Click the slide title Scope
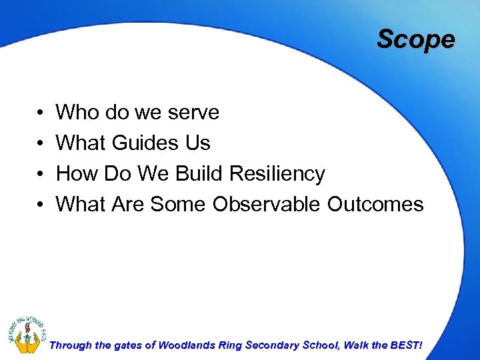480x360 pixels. [415, 39]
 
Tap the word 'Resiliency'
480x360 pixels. [277, 174]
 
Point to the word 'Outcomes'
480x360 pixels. [375, 204]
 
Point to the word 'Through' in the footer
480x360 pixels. [71, 345]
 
